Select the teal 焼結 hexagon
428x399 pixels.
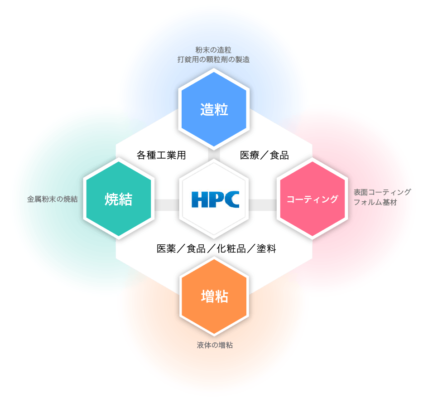coord(118,199)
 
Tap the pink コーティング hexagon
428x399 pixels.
coord(312,199)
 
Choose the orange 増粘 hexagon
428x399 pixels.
coord(214,297)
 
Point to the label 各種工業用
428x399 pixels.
coord(161,155)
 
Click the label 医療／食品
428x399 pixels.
coord(264,155)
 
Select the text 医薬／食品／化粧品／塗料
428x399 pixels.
coord(216,249)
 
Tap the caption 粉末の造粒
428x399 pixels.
coord(213,49)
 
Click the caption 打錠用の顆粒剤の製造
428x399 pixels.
coord(213,59)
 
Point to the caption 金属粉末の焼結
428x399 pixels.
coord(52,199)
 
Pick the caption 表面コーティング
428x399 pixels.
coord(382,192)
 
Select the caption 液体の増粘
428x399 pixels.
coord(215,345)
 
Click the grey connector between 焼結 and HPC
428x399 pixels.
coord(166,205)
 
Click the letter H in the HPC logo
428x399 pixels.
coord(199,199)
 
